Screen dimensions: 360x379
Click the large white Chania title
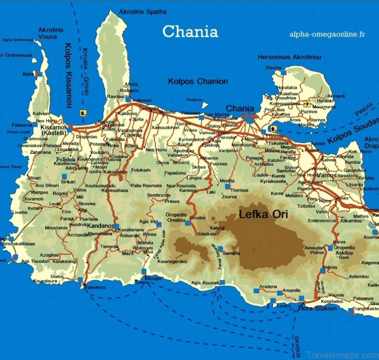point(190,32)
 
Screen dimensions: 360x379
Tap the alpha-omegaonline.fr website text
point(327,34)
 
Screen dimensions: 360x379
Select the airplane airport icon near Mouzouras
point(307,103)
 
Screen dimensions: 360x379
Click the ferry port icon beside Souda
point(274,129)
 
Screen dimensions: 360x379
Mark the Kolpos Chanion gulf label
point(198,81)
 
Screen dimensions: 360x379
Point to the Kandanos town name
point(101,225)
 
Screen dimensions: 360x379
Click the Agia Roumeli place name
point(205,283)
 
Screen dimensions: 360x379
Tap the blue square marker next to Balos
point(39,74)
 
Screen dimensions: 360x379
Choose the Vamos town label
point(326,175)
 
